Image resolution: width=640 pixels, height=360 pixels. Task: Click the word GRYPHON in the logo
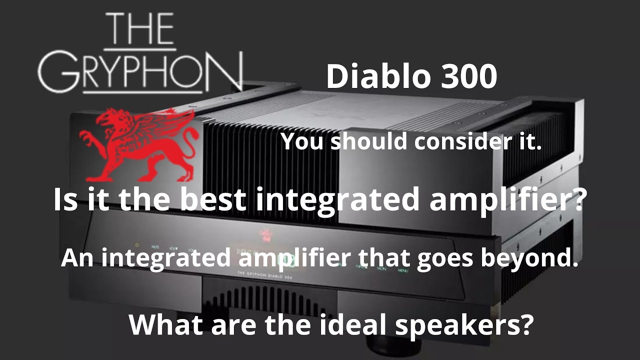click(x=140, y=73)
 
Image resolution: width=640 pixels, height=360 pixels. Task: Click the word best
click(x=213, y=199)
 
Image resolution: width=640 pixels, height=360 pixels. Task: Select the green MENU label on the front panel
click(x=403, y=270)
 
